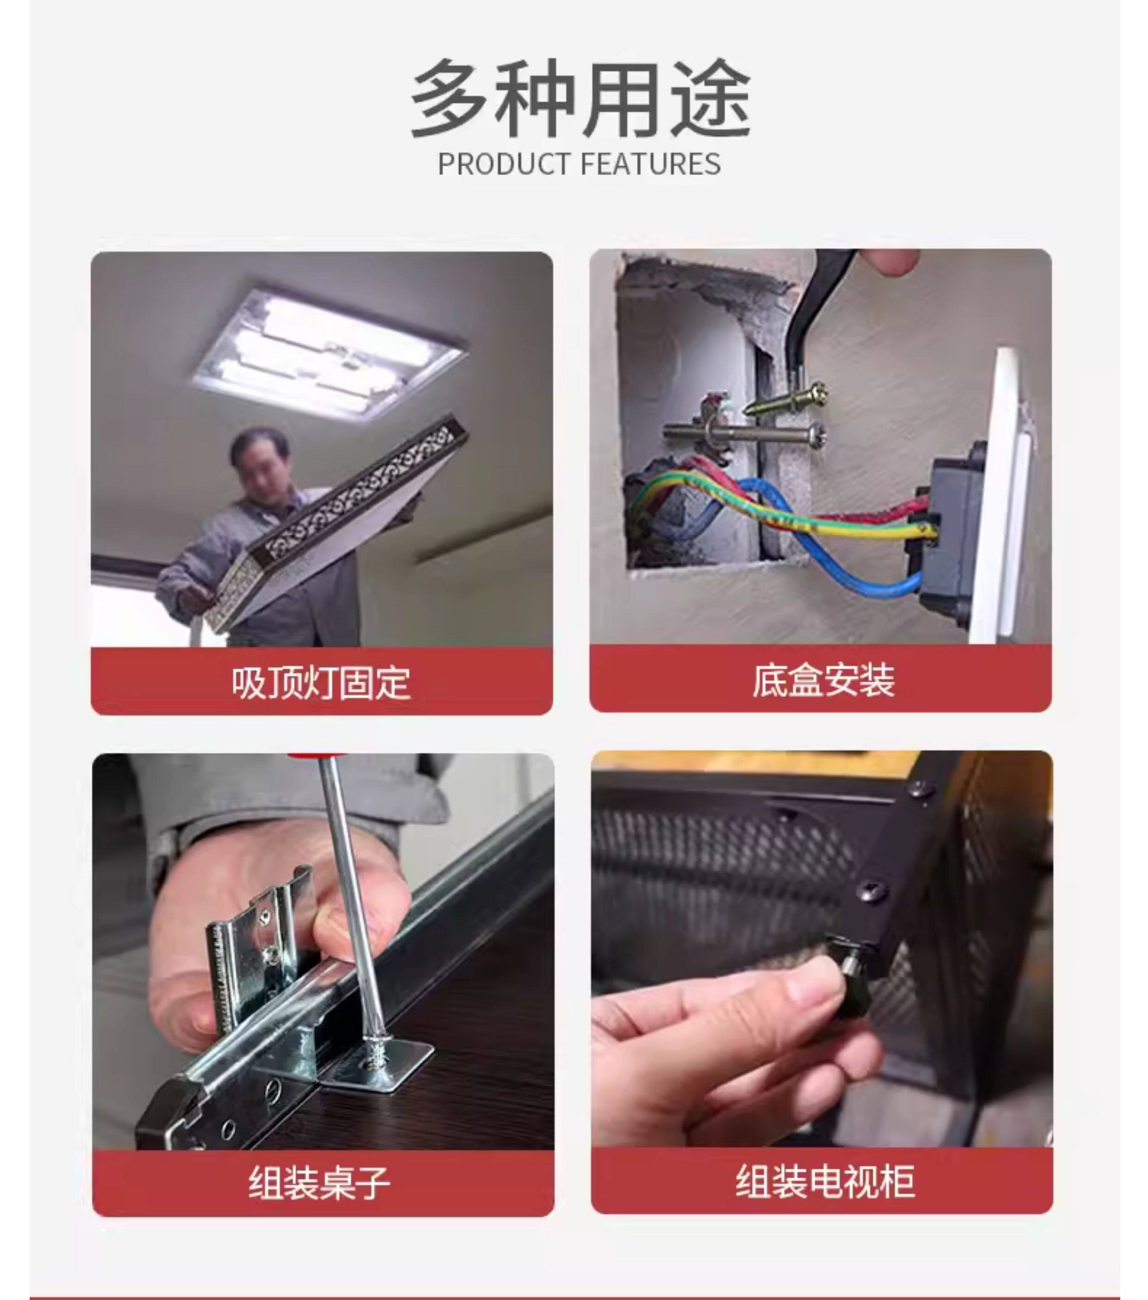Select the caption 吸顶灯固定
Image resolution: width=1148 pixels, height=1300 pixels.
(x=321, y=683)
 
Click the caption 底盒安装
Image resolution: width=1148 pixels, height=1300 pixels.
(x=823, y=681)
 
